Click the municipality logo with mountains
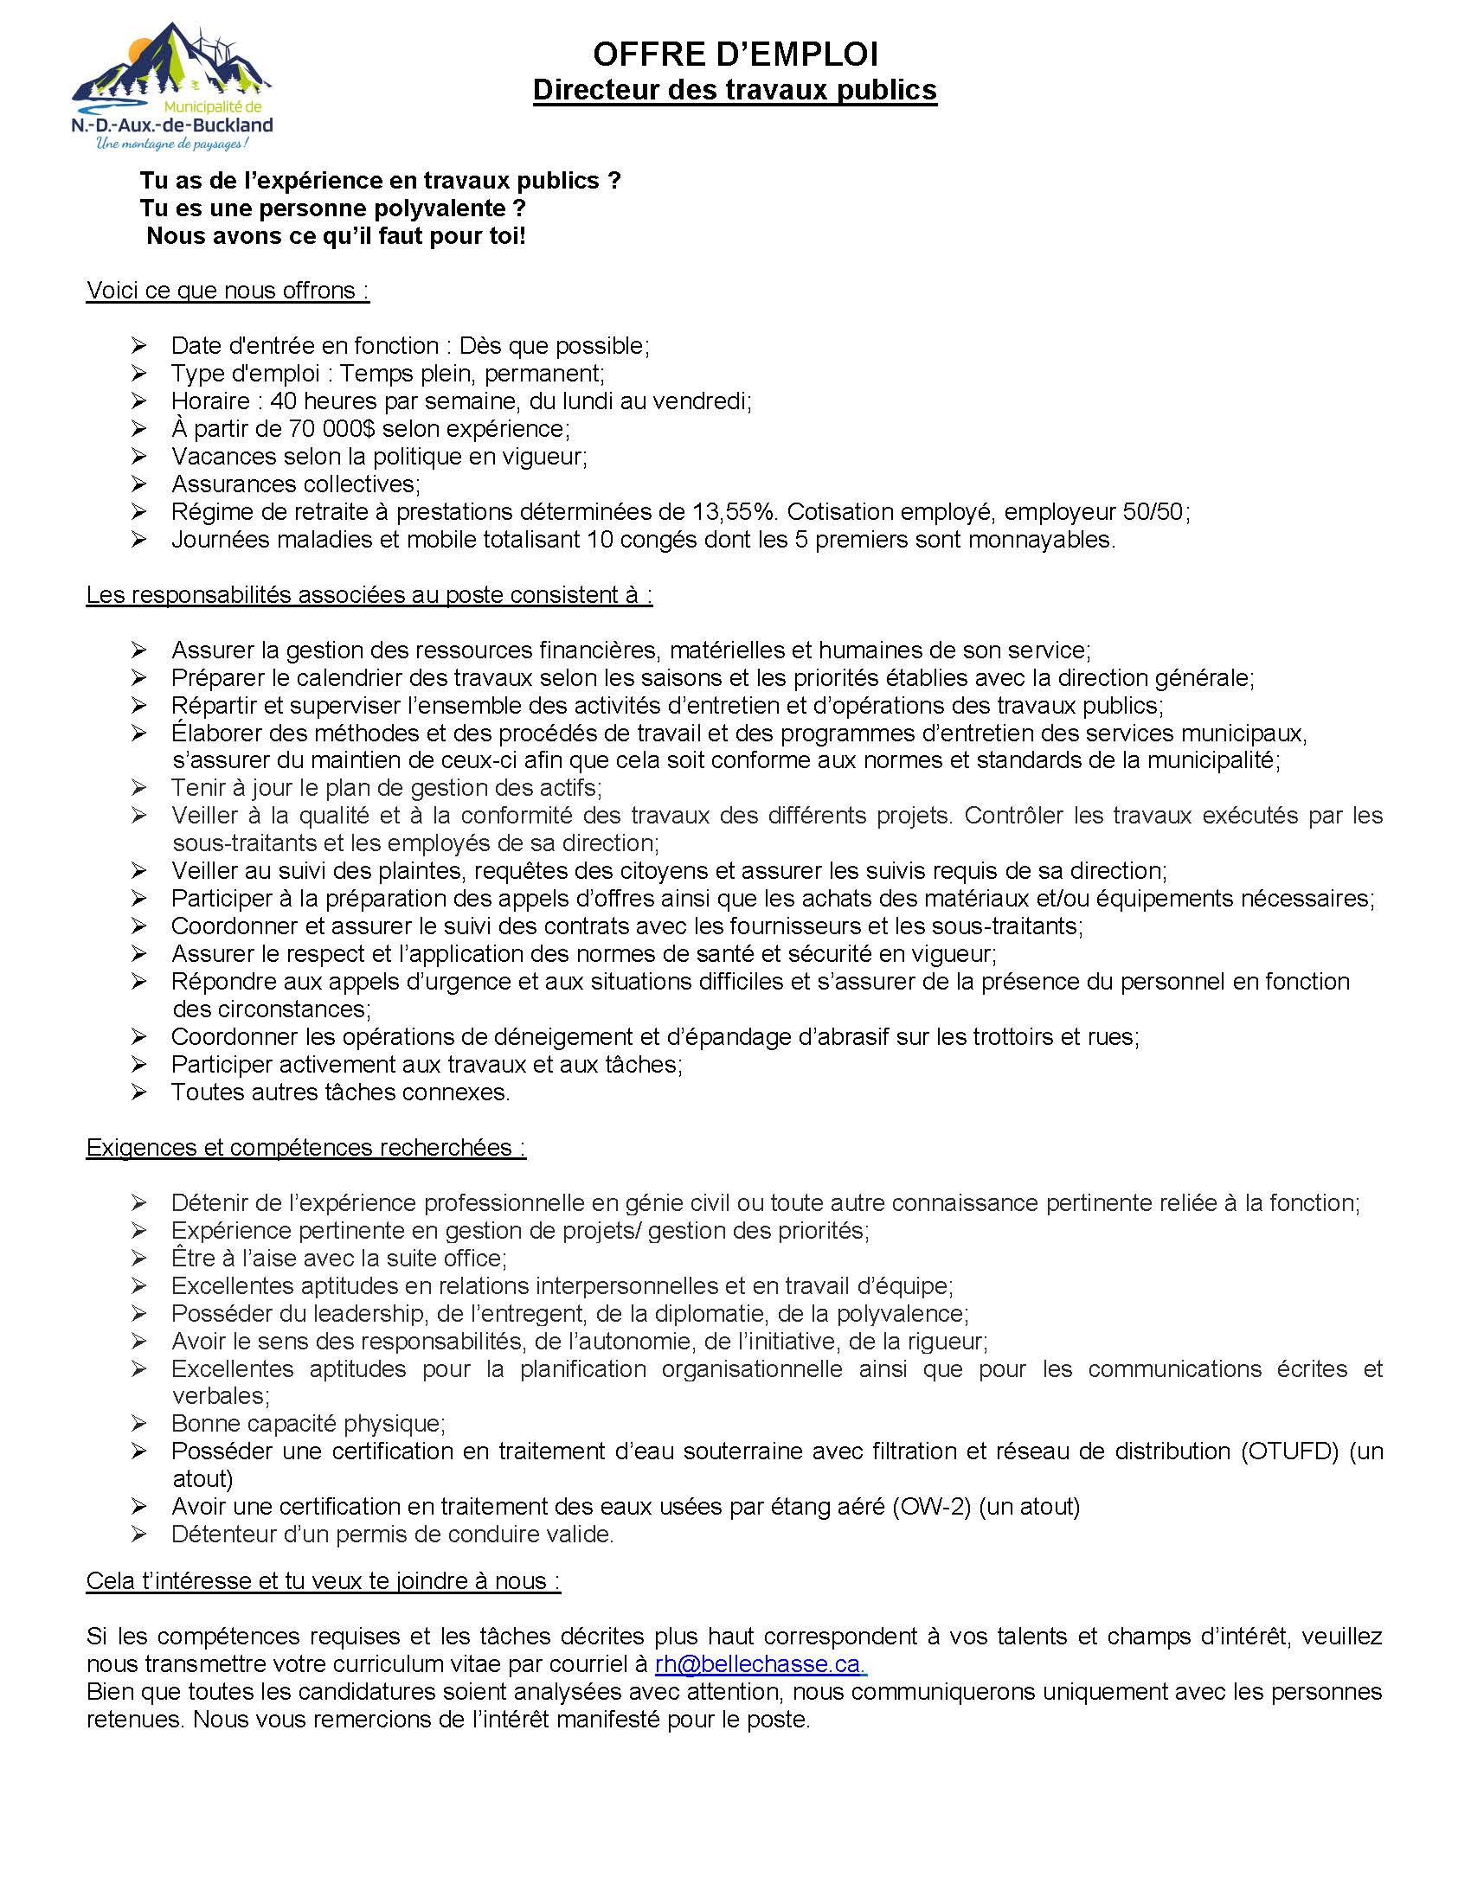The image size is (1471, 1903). pos(171,86)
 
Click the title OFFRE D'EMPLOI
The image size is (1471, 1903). pos(735,54)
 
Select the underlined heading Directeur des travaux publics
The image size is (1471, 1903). pos(735,90)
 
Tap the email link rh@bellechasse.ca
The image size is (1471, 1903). pos(760,1664)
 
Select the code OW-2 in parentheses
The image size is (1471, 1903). pos(931,1507)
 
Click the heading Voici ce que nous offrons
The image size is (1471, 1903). pos(228,290)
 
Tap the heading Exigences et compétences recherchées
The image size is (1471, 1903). pos(305,1148)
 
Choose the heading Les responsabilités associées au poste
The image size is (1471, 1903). pos(369,595)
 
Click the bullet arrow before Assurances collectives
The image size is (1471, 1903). pos(139,484)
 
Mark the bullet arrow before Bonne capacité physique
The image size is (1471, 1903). pos(139,1424)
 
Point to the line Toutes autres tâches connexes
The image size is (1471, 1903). pos(341,1092)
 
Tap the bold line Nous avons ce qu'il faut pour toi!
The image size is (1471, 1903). pos(336,236)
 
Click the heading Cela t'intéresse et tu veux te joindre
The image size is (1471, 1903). pos(323,1581)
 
